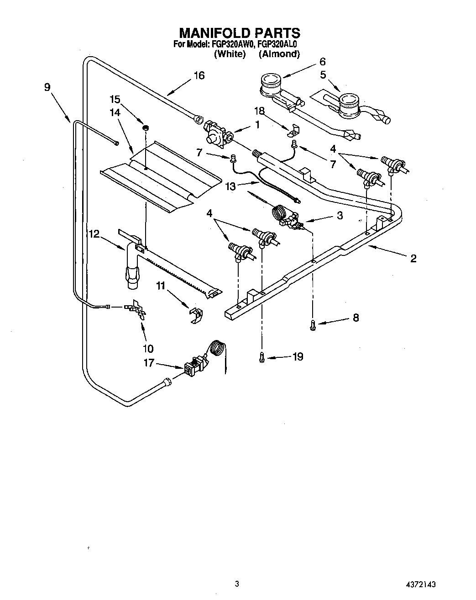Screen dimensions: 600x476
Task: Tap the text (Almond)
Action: tap(279, 54)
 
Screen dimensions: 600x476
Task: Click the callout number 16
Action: tap(199, 75)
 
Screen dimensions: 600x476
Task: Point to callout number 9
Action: tap(47, 87)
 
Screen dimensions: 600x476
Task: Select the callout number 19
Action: tap(298, 356)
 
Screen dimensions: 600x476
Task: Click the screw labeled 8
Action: tap(313, 324)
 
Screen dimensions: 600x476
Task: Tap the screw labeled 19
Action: tap(262, 357)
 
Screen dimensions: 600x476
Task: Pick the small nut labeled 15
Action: tap(146, 127)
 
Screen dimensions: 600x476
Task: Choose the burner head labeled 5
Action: tap(349, 104)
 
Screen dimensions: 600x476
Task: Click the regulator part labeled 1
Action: tap(217, 134)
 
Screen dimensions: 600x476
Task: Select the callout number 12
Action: tap(94, 234)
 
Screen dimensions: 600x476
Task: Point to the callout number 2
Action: tap(413, 259)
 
